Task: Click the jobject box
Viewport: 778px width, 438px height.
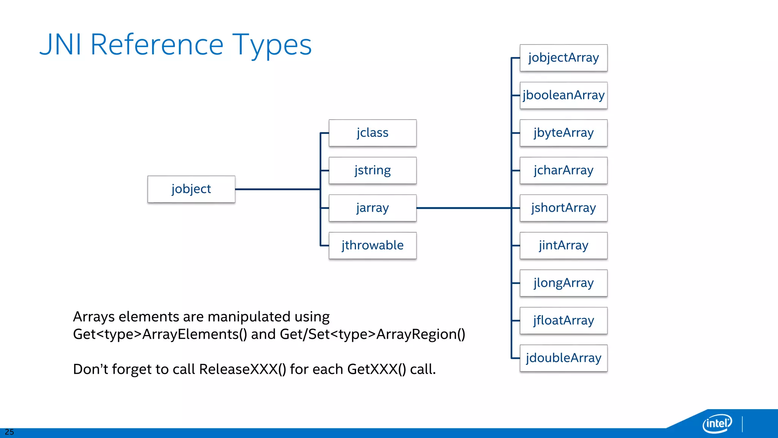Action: coord(191,189)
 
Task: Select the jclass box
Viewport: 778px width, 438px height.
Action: coord(372,133)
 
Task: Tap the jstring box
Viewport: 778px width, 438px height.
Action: coord(372,170)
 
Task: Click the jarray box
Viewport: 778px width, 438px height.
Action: coord(372,208)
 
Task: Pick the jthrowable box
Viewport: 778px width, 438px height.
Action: coord(372,245)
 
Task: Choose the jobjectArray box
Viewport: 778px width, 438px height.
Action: coord(563,58)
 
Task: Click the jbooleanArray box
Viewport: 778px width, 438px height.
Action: coord(563,95)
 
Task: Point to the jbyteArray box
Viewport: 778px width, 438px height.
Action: coord(563,133)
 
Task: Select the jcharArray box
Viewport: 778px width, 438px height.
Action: coord(563,170)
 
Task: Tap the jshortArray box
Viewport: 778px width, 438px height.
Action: coord(563,208)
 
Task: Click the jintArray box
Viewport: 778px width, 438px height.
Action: coord(563,245)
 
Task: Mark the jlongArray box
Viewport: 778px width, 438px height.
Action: coord(563,283)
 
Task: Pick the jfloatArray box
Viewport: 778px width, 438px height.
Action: coord(563,321)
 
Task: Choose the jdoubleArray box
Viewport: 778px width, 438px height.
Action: coord(563,358)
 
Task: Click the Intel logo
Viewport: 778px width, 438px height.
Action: coord(717,423)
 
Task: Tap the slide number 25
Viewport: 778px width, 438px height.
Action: coord(9,432)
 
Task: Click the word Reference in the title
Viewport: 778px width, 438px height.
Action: coord(157,45)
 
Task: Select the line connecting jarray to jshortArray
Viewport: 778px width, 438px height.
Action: coord(463,208)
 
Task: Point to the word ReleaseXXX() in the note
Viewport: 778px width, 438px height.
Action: coord(242,369)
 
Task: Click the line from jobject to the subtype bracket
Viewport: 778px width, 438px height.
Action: coord(277,189)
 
